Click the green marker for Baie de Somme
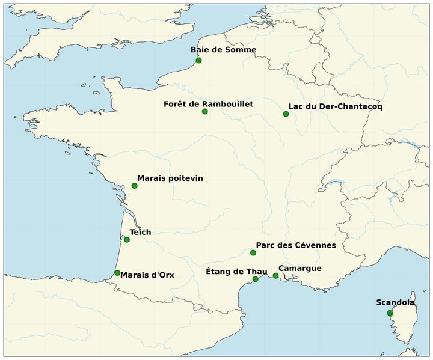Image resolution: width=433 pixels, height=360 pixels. tap(198, 61)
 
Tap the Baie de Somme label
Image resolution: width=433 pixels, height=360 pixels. tap(223, 50)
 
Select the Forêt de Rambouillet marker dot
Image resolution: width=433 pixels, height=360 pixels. tap(205, 112)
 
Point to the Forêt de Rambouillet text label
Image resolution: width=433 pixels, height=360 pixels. tap(208, 104)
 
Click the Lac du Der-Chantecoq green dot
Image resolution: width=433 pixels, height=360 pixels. tap(286, 114)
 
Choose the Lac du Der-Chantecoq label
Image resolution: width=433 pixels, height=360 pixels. tap(335, 106)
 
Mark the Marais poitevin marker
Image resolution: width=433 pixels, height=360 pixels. tap(134, 186)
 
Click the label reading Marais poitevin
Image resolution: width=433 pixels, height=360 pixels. tap(170, 178)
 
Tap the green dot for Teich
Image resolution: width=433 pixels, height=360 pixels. tap(127, 240)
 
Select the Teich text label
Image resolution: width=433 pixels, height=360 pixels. tap(140, 232)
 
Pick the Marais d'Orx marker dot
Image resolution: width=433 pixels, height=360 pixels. tap(117, 273)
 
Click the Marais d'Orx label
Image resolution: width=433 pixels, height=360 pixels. tap(147, 275)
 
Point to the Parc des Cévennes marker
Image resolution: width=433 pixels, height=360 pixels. tap(253, 253)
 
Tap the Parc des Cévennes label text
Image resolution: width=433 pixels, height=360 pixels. tap(295, 245)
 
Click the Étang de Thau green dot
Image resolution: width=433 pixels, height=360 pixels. tap(255, 279)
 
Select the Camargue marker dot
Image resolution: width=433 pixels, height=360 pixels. tap(275, 276)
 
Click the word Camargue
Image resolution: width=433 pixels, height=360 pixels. tap(299, 268)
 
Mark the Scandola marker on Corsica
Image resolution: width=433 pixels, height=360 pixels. tap(390, 313)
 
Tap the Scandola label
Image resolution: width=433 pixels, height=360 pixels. tap(395, 302)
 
